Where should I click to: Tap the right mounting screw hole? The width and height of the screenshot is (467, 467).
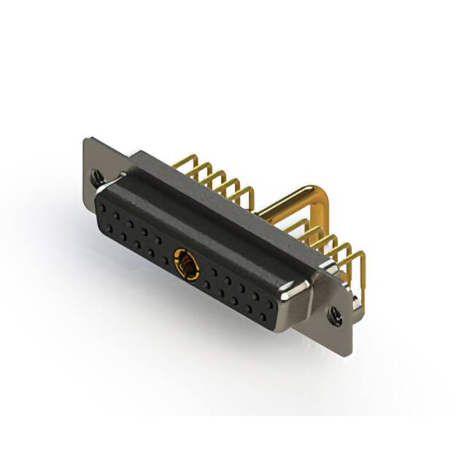click(335, 315)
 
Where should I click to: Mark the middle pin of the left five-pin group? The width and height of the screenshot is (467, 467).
click(212, 179)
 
